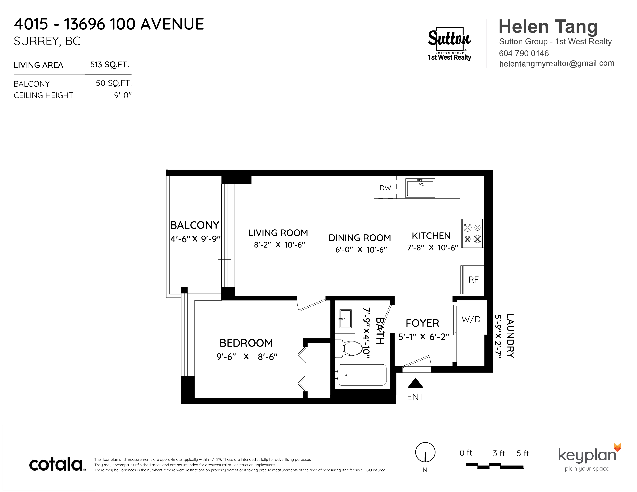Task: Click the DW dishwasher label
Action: coord(385,188)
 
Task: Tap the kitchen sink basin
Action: coord(420,188)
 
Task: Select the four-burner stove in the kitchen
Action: coord(473,233)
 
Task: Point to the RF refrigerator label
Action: coord(473,280)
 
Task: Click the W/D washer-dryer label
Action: coord(471,319)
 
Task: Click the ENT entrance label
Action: coord(416,397)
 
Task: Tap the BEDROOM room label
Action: coord(246,343)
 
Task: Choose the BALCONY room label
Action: coord(195,225)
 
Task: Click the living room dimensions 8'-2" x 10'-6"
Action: coord(280,245)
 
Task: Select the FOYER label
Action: coord(422,323)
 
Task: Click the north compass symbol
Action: coord(425,452)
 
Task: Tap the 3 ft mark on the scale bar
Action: coord(499,453)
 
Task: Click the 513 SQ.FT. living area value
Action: coord(110,65)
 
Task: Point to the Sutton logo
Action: coord(449,44)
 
